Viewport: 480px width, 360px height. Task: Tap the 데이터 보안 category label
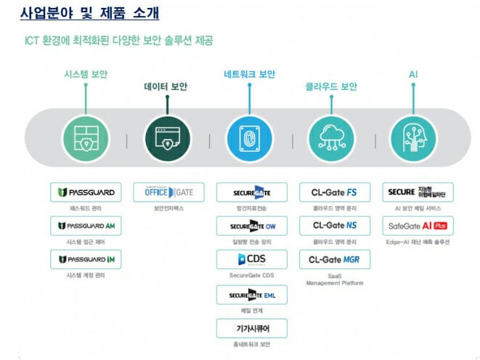click(x=165, y=87)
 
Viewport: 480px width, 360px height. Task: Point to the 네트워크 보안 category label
click(x=250, y=74)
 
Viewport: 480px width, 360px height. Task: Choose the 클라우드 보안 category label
click(x=331, y=87)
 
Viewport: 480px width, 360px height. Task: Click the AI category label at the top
click(x=413, y=74)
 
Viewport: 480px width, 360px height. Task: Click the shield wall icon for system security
click(x=86, y=138)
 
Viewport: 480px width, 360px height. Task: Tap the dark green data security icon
click(x=168, y=138)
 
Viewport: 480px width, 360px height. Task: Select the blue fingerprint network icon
click(x=250, y=138)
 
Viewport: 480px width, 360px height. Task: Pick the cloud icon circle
click(x=331, y=138)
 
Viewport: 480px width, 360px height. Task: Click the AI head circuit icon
click(x=413, y=138)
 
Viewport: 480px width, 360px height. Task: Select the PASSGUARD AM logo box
click(x=86, y=226)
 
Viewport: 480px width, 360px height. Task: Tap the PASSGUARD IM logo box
click(x=86, y=259)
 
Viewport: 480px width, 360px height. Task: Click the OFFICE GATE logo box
click(x=168, y=192)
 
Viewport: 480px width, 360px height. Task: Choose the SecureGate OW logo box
click(x=252, y=226)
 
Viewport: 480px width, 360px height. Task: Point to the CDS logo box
click(x=252, y=259)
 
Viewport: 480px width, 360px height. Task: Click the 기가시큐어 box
click(x=252, y=328)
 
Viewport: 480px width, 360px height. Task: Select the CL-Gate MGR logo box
click(x=335, y=259)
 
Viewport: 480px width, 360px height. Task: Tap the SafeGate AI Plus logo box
click(x=418, y=226)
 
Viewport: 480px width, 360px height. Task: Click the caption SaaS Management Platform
click(x=335, y=279)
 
